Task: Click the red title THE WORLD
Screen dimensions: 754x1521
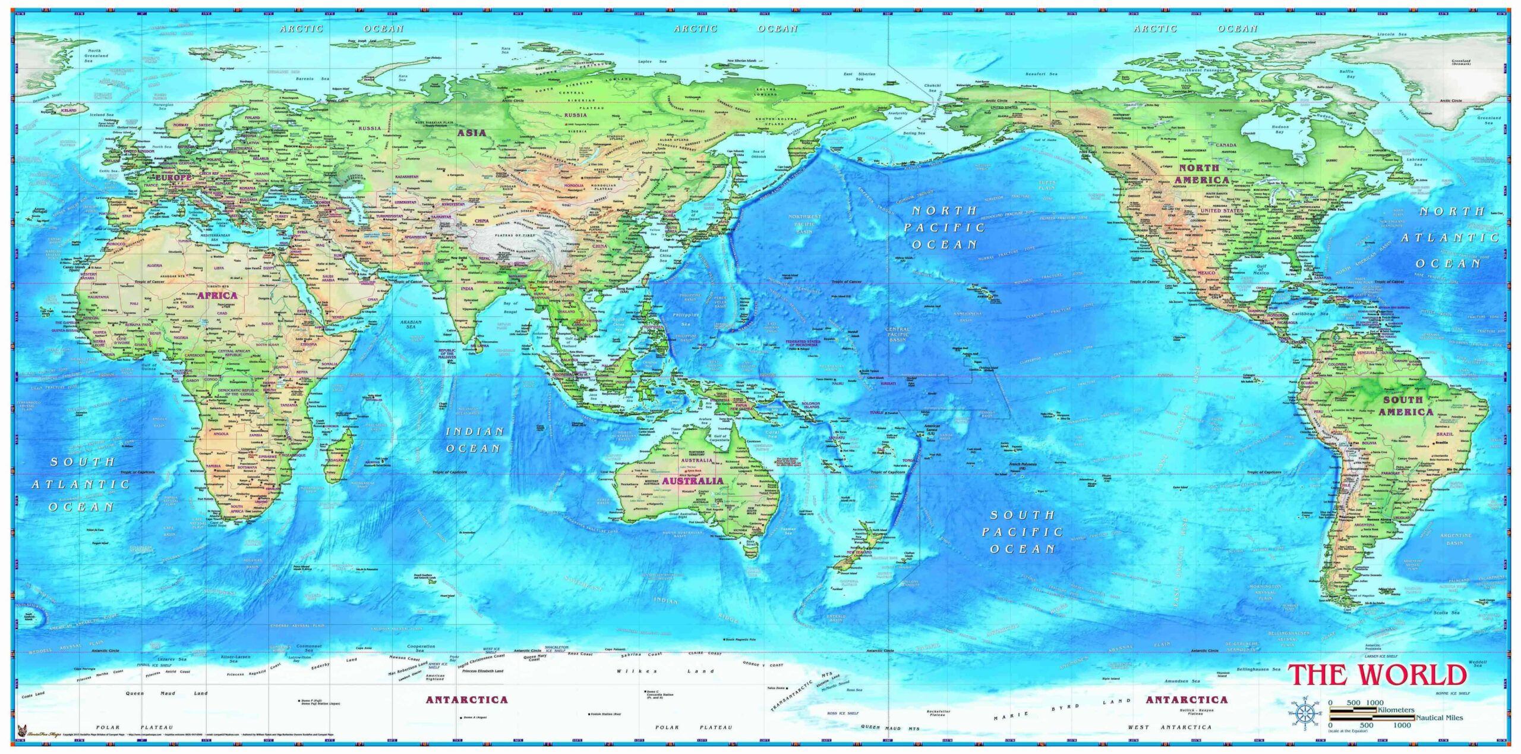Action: [x=1377, y=676]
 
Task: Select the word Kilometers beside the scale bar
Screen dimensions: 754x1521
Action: [x=1396, y=710]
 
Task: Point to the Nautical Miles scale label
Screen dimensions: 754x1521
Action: [x=1439, y=718]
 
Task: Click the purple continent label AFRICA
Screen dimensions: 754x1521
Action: [x=217, y=296]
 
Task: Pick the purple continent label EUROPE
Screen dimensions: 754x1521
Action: [x=173, y=177]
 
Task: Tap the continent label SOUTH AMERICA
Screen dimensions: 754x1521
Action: [x=1406, y=406]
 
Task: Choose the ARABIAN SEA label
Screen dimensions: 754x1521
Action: [x=411, y=325]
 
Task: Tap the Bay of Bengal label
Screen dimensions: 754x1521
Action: [x=510, y=306]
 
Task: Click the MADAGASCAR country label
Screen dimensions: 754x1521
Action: [x=337, y=460]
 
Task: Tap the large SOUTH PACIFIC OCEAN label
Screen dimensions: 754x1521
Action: [x=1022, y=532]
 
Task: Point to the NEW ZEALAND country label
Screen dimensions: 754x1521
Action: [x=859, y=552]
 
